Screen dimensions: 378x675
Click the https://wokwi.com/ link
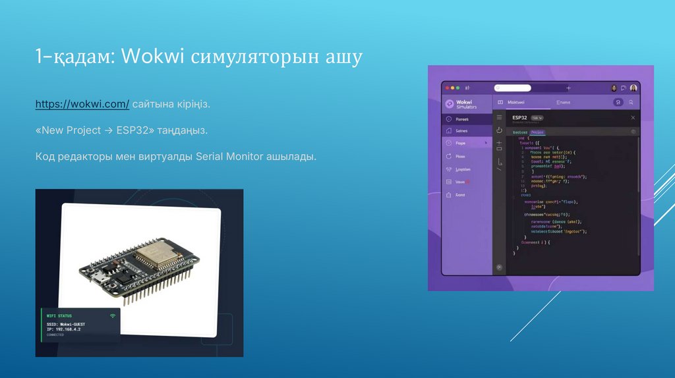point(82,105)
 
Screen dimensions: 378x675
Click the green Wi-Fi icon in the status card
point(113,316)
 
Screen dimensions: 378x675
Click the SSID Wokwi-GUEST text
point(66,324)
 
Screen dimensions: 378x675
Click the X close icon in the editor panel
point(633,117)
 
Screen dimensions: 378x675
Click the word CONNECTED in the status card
point(55,335)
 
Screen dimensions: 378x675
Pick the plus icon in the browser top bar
point(569,88)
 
